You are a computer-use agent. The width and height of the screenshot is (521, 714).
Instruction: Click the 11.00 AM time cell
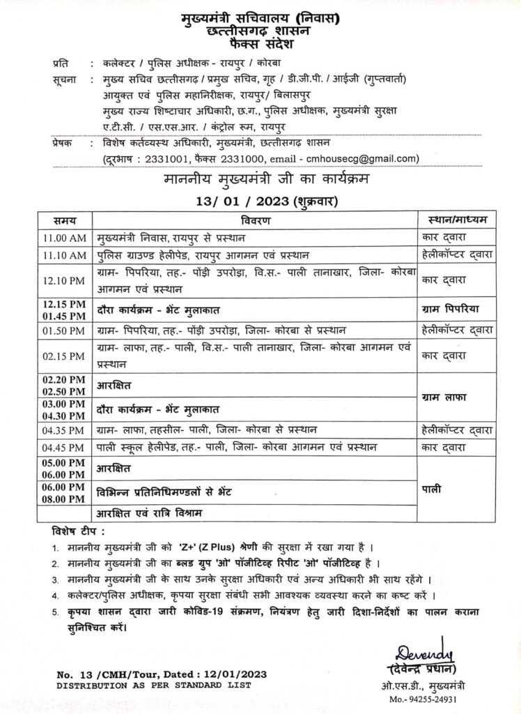tap(63, 237)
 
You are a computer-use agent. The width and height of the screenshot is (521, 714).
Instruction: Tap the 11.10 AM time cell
tap(63, 255)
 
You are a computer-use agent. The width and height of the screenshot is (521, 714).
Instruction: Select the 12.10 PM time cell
tap(63, 280)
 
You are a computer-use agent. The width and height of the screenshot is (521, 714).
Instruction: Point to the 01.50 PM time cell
tap(63, 329)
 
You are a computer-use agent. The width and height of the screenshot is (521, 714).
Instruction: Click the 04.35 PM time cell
tap(63, 429)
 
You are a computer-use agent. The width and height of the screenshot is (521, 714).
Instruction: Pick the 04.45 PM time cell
tap(63, 446)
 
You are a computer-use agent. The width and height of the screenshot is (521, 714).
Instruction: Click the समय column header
tap(63, 220)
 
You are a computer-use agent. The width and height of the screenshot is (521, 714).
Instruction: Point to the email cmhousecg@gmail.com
tap(368, 158)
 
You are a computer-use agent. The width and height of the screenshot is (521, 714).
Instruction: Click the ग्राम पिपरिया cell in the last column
tap(452, 307)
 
